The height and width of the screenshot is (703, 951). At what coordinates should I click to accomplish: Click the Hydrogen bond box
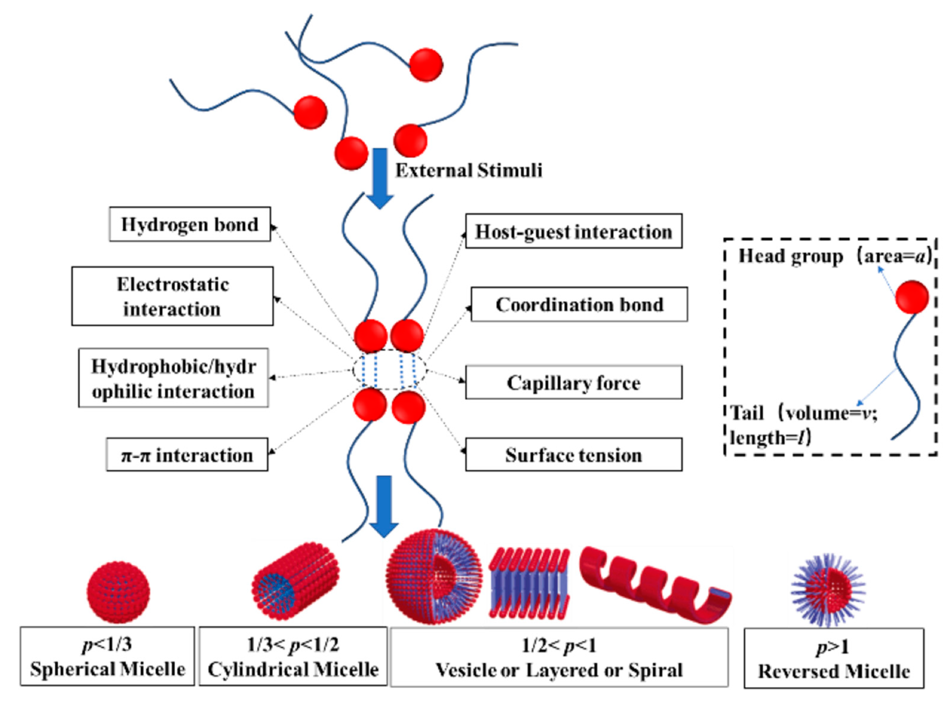tap(190, 224)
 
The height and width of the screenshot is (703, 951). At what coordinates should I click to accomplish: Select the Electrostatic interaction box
tap(172, 296)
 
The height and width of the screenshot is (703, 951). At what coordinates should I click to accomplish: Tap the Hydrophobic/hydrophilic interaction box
tap(173, 378)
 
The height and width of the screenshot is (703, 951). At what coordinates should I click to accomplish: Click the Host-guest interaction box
tap(573, 231)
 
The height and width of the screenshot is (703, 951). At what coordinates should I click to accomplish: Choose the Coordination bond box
tap(579, 304)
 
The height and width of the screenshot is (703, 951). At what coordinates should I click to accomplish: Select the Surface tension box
tap(573, 455)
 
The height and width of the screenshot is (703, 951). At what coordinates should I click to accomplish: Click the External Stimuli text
tap(468, 170)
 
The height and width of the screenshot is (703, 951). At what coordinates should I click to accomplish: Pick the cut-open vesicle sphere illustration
tap(434, 577)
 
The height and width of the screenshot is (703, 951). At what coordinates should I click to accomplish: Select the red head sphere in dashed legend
tap(911, 296)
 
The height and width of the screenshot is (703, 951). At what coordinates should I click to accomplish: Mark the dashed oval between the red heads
tap(389, 369)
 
